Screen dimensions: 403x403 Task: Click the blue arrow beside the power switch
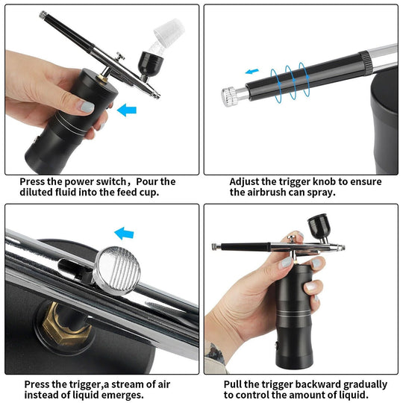pos(128,110)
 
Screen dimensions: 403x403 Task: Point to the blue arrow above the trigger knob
pos(252,72)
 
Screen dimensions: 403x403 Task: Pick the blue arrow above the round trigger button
pos(122,234)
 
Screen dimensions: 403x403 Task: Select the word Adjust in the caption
pos(247,181)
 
